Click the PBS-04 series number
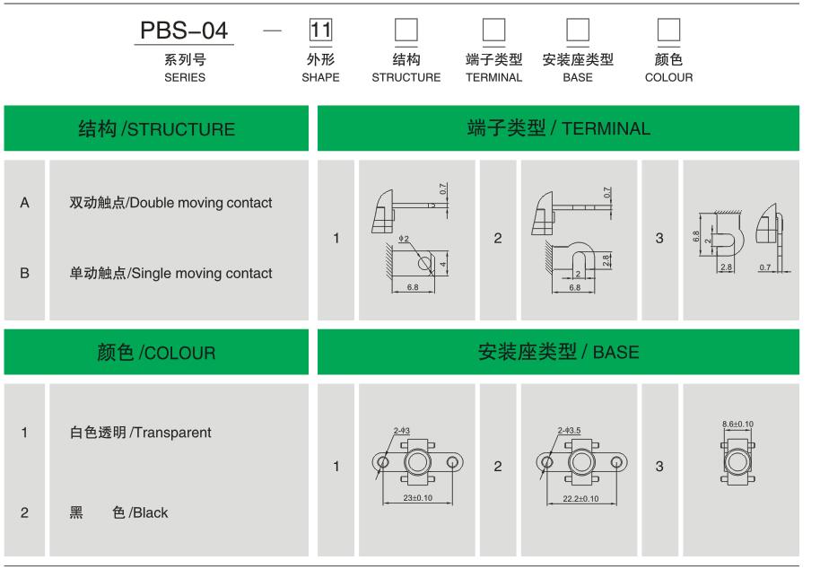(184, 31)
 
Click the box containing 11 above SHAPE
(320, 30)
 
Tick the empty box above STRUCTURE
(406, 30)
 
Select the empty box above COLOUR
(668, 30)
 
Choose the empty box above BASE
(578, 30)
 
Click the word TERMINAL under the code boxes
(493, 77)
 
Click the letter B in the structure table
(24, 273)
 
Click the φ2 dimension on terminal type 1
(404, 239)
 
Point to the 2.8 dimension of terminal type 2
(605, 260)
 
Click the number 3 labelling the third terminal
(659, 239)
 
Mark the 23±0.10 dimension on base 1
(418, 498)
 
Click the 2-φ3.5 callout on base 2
(569, 431)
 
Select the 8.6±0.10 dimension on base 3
(737, 425)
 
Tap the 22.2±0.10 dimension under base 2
(580, 498)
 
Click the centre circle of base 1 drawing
(417, 462)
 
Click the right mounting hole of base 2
(616, 462)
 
